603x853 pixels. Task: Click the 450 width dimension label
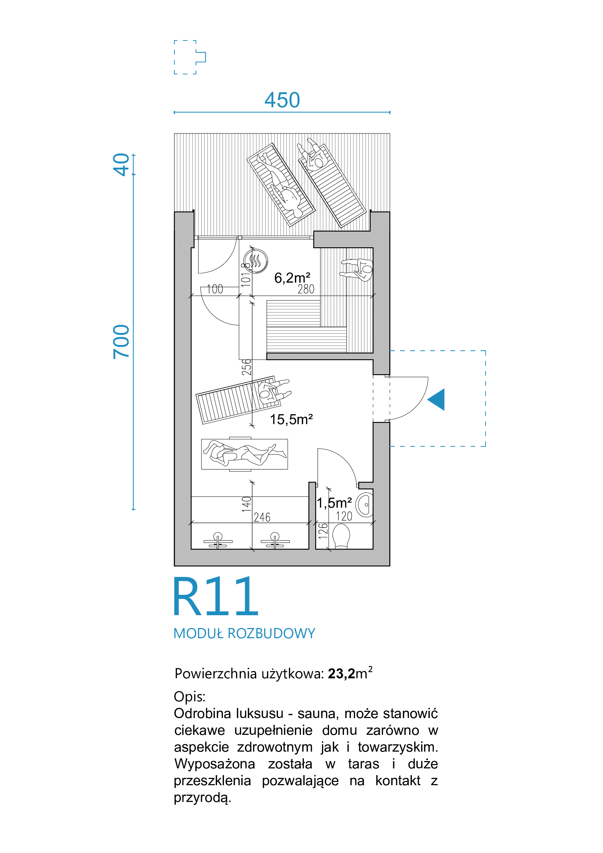(282, 100)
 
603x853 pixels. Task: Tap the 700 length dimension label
(121, 342)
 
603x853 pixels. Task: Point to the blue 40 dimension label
(121, 164)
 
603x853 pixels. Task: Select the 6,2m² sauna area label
(292, 278)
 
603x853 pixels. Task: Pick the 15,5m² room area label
(291, 419)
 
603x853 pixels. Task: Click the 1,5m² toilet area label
(334, 503)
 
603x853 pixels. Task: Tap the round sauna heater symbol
(256, 261)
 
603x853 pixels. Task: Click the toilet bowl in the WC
(341, 536)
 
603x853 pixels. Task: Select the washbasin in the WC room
(365, 505)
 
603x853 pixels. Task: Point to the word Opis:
(189, 696)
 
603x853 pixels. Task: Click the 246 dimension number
(262, 517)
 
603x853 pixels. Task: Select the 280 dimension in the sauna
(306, 289)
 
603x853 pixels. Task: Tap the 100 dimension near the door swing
(215, 289)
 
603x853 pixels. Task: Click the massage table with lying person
(244, 454)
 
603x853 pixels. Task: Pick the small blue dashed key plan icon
(190, 57)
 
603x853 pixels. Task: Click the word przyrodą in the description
(202, 798)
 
